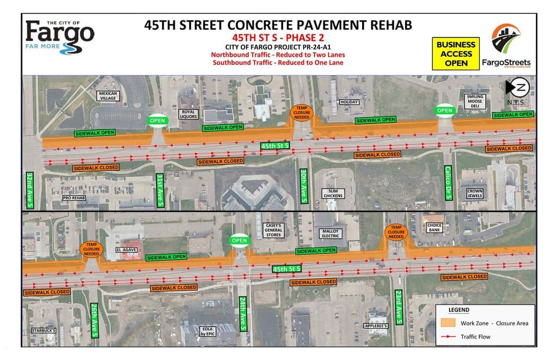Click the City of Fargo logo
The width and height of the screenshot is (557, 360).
coord(60,36)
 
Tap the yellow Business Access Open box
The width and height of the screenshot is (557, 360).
coord(457,53)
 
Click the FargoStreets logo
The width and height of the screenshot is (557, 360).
coord(506,45)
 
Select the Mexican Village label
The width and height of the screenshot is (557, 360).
coord(108,96)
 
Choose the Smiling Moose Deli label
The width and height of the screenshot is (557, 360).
coord(475,101)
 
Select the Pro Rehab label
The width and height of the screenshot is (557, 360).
coord(74,197)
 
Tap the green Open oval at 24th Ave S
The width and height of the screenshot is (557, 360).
coord(239,240)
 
